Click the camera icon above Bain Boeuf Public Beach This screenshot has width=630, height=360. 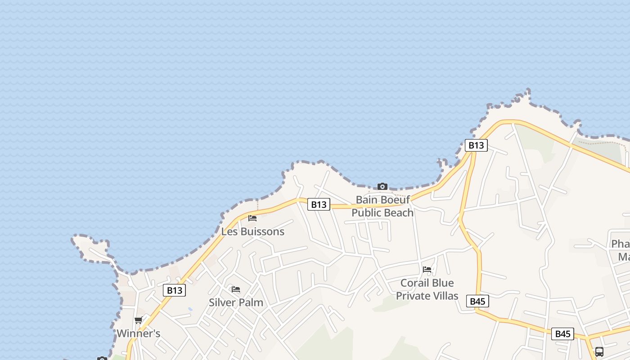pyautogui.click(x=382, y=186)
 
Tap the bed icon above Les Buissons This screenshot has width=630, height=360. pyautogui.click(x=252, y=218)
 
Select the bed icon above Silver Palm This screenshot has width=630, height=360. pyautogui.click(x=235, y=289)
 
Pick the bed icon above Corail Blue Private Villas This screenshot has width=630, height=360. pyautogui.click(x=427, y=270)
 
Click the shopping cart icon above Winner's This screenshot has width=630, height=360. pyautogui.click(x=138, y=320)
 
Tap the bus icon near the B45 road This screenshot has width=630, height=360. pyautogui.click(x=599, y=351)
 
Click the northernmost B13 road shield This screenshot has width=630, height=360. pyautogui.click(x=476, y=145)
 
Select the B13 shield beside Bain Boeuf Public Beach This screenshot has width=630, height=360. pyautogui.click(x=319, y=204)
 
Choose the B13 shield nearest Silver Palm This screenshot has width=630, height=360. pyautogui.click(x=174, y=290)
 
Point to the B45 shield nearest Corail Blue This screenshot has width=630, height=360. pyautogui.click(x=477, y=301)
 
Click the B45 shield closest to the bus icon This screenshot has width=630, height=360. pyautogui.click(x=562, y=333)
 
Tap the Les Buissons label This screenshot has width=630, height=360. pyautogui.click(x=253, y=232)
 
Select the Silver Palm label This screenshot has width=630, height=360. pyautogui.click(x=236, y=302)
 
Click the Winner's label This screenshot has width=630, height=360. pyautogui.click(x=139, y=333)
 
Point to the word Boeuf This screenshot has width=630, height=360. pyautogui.click(x=396, y=199)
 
